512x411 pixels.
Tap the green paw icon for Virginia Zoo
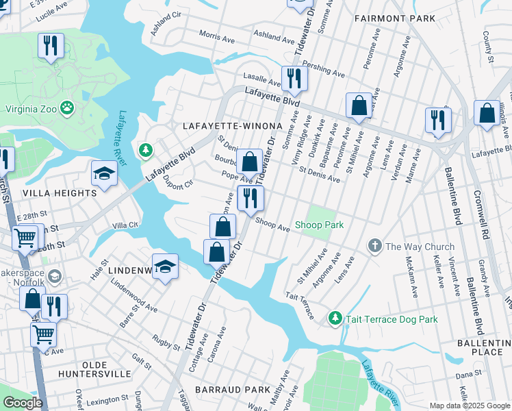pyautogui.click(x=67, y=108)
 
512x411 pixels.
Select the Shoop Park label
pyautogui.click(x=319, y=225)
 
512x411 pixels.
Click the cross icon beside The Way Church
pyautogui.click(x=374, y=245)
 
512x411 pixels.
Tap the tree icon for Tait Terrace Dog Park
pyautogui.click(x=335, y=318)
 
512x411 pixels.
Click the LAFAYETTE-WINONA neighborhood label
pyautogui.click(x=232, y=127)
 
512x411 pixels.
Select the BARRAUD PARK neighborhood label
pyautogui.click(x=233, y=389)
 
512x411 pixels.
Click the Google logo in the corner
pyautogui.click(x=23, y=402)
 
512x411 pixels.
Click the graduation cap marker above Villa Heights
pyautogui.click(x=104, y=174)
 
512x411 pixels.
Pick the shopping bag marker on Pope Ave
pyautogui.click(x=250, y=163)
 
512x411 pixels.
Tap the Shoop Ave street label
pyautogui.click(x=272, y=225)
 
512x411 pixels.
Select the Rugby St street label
pyautogui.click(x=166, y=341)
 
